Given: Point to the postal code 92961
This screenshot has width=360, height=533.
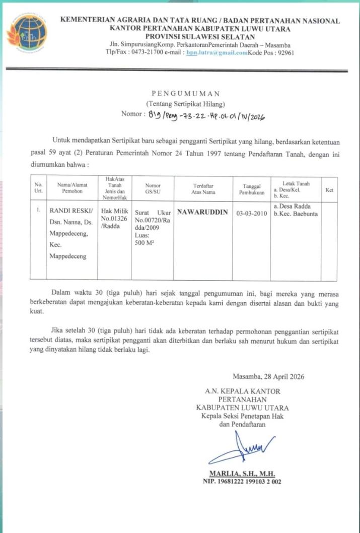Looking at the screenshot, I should [x=283, y=52].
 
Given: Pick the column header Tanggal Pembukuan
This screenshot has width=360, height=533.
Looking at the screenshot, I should [x=252, y=189].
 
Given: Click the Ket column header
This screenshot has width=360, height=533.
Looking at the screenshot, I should [x=329, y=189].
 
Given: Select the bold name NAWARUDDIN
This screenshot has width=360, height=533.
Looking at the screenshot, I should [x=203, y=212].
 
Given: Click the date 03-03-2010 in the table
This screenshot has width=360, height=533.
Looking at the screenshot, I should [x=252, y=213].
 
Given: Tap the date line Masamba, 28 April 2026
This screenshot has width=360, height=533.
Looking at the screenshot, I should [x=268, y=376].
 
